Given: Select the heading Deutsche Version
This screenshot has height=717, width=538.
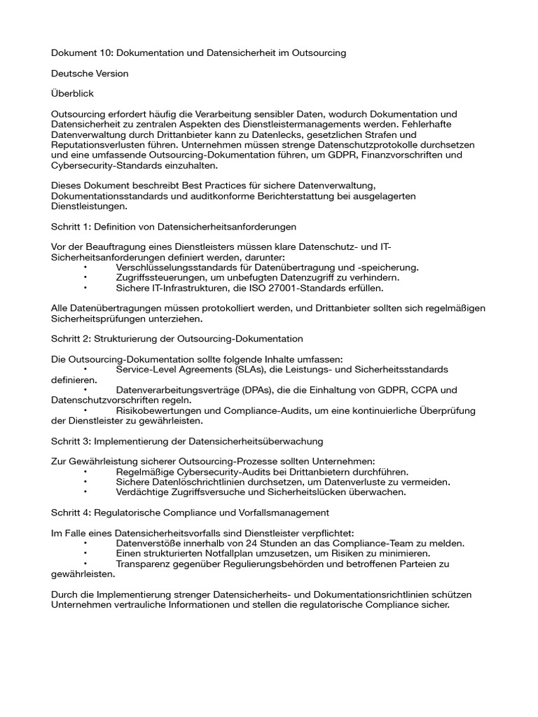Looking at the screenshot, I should [x=90, y=73].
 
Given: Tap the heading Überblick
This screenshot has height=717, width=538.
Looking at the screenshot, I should [x=73, y=93].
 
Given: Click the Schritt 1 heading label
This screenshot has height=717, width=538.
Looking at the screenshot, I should [x=70, y=226].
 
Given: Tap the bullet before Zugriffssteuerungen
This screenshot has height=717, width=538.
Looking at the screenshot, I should [x=85, y=277].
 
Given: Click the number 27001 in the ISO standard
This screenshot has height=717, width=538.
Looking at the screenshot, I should [x=305, y=287].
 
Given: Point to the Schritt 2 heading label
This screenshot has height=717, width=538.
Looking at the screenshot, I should [x=70, y=338].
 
